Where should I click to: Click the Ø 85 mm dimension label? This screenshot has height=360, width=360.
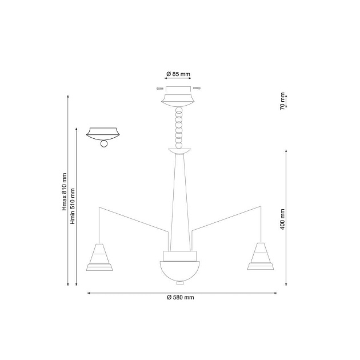tap(178, 74)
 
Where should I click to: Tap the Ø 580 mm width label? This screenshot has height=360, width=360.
tap(181, 297)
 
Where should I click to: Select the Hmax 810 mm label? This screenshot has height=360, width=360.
tap(64, 191)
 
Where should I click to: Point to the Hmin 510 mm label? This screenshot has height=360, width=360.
tap(73, 206)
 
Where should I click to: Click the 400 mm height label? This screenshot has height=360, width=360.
tap(282, 219)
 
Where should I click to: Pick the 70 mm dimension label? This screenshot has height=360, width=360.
tap(282, 101)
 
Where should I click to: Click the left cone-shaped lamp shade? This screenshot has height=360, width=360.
tap(99, 257)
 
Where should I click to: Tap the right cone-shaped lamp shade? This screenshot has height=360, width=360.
tap(261, 256)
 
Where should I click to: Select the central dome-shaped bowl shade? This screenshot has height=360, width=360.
tap(180, 271)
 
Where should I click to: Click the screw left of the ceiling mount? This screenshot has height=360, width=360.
tap(160, 89)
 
